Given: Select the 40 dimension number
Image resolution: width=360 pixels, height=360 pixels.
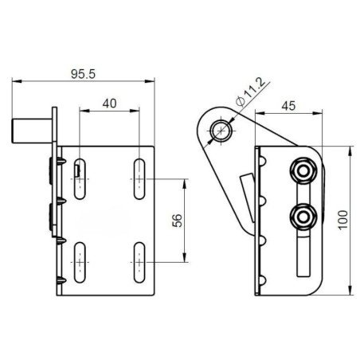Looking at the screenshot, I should [109, 103].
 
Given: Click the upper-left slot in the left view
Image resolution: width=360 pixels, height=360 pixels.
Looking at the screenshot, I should [80, 178].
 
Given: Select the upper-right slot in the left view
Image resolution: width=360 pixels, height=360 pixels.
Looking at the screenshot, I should [139, 178].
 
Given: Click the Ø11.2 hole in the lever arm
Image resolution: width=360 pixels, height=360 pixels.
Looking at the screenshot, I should [221, 131].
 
